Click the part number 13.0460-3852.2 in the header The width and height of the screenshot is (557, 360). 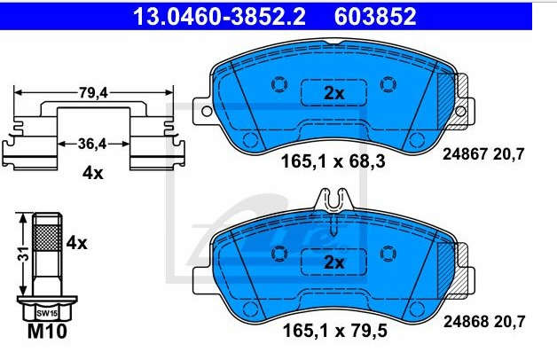(x=219, y=16)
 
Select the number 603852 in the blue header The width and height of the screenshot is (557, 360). (x=375, y=16)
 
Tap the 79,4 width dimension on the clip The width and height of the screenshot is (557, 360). (x=93, y=93)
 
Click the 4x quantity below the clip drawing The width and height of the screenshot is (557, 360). (x=93, y=173)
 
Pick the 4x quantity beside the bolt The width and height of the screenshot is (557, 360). (x=77, y=244)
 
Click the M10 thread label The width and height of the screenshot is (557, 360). (x=47, y=332)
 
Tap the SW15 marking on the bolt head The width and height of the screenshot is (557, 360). (x=47, y=314)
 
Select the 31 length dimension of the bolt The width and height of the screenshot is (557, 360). (x=23, y=254)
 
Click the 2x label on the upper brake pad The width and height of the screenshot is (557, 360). (x=334, y=93)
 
